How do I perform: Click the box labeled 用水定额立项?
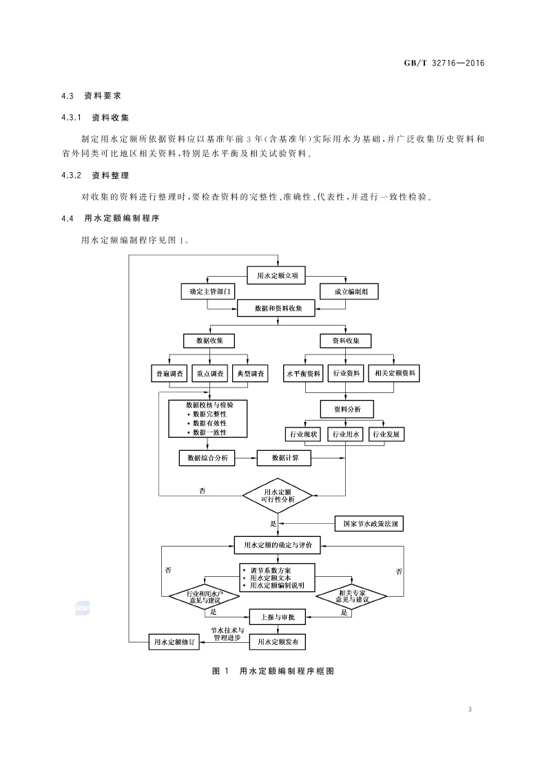tap(277, 275)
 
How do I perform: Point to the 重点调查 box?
tap(209, 373)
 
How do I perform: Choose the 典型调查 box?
tap(249, 373)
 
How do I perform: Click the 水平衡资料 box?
tap(303, 373)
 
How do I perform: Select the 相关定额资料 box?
tap(393, 373)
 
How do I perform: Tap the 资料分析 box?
tap(346, 409)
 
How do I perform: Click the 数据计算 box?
tap(285, 457)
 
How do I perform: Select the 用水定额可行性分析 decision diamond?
tap(277, 496)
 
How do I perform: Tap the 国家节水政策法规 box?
tap(370, 523)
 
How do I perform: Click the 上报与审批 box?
tap(277, 617)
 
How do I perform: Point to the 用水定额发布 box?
tap(277, 642)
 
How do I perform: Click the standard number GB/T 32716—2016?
tap(444, 63)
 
